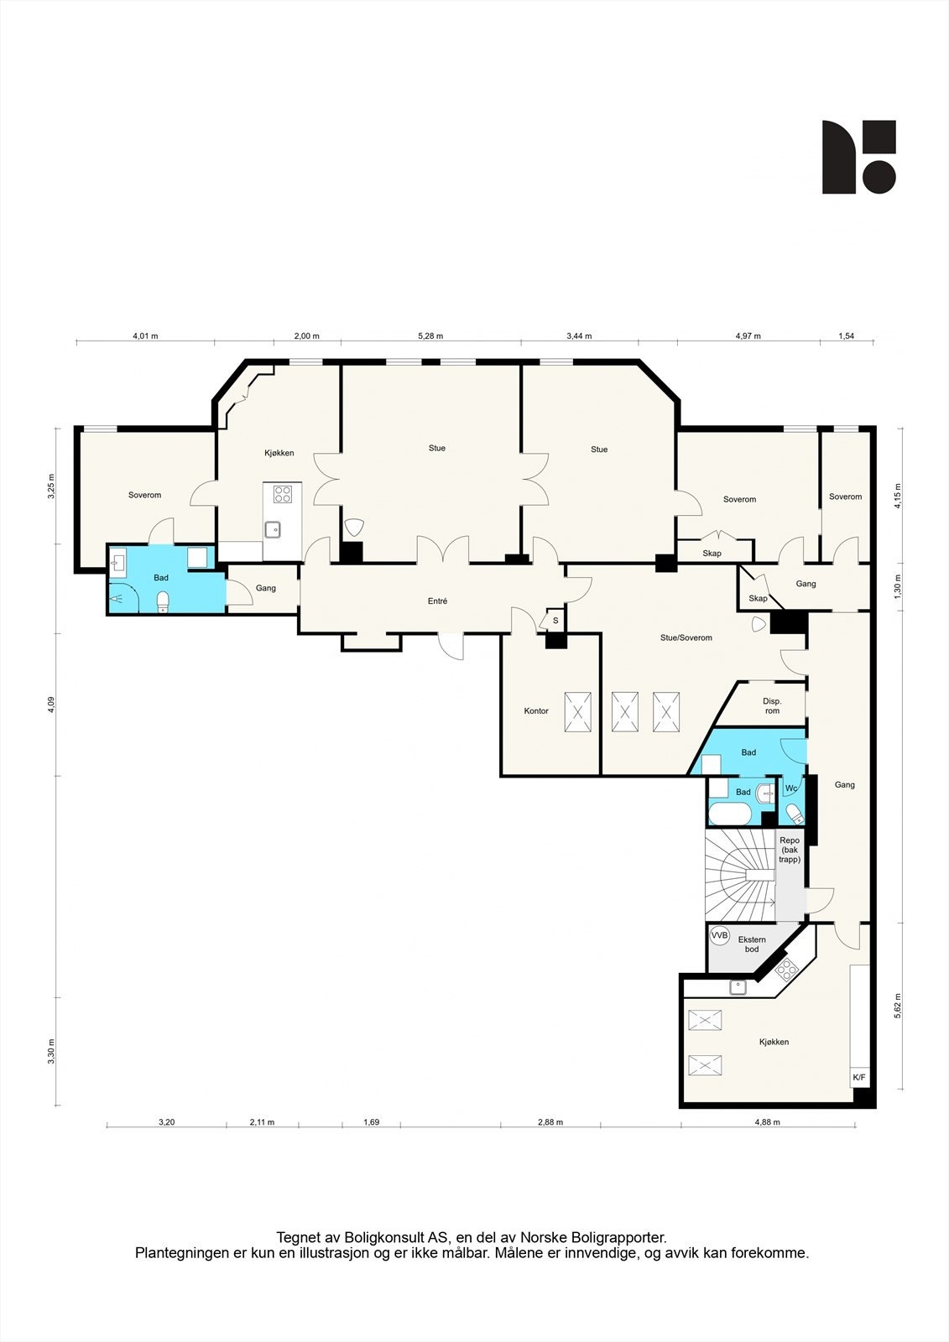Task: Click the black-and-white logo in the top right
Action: click(x=858, y=157)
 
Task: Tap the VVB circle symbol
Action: click(x=720, y=935)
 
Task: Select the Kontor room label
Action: click(x=536, y=711)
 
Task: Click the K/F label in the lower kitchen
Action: click(x=859, y=1078)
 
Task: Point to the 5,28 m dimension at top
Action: click(x=430, y=336)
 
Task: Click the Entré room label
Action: click(x=437, y=601)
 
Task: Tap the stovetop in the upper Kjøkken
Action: click(x=283, y=494)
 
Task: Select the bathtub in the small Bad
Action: click(x=730, y=814)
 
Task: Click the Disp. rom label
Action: click(x=772, y=706)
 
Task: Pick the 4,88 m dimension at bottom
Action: click(x=767, y=1122)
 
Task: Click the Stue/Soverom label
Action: click(x=686, y=638)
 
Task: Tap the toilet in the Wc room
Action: click(x=794, y=813)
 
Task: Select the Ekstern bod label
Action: click(x=752, y=944)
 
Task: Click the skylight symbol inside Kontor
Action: click(x=577, y=712)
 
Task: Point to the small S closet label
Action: click(x=555, y=622)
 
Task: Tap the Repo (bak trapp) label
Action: click(x=790, y=850)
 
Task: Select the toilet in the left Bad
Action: click(x=164, y=601)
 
